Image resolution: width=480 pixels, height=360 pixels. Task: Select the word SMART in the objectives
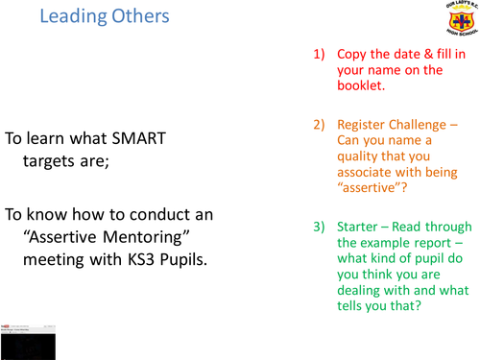tap(134, 138)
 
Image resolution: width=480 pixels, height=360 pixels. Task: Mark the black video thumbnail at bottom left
tap(27, 341)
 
